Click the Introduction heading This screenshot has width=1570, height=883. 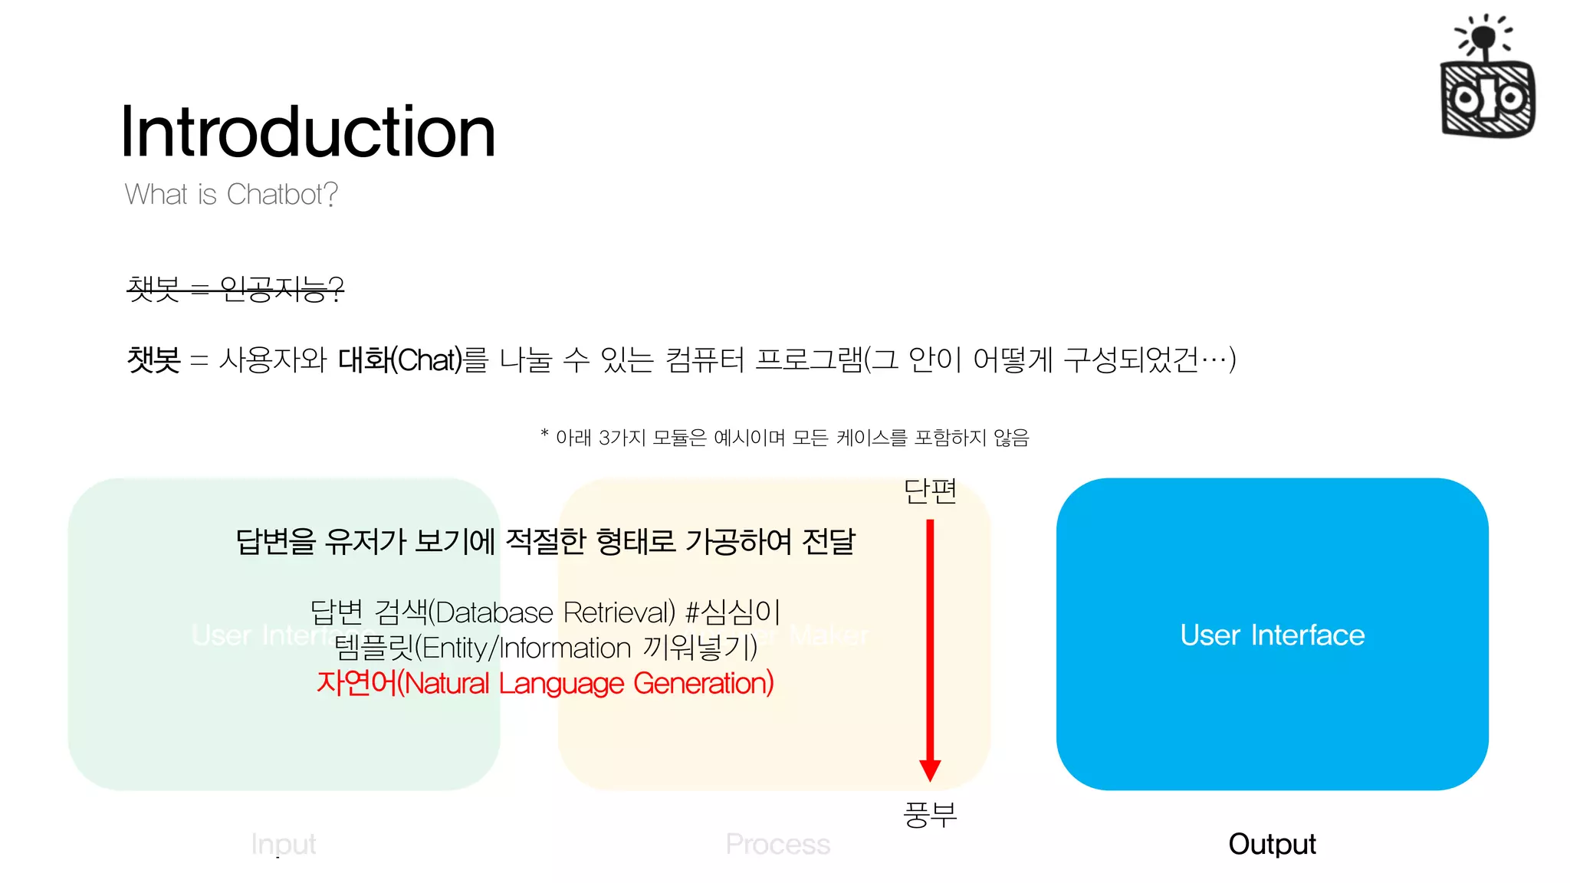coord(308,132)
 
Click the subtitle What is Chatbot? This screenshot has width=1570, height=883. coord(231,195)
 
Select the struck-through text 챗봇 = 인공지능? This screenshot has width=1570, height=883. coord(235,289)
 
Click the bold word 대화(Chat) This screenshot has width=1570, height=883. coord(400,359)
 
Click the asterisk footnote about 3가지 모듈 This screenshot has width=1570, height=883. coord(784,438)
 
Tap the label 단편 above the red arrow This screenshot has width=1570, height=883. coord(930,491)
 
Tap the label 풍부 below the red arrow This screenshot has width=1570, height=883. coord(930,814)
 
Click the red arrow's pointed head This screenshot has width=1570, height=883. coord(930,770)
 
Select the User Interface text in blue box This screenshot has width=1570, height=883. coord(1272,635)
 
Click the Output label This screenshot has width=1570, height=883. coord(1272,844)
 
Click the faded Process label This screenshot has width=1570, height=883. coord(777,844)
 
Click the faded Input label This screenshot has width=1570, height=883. coord(283,844)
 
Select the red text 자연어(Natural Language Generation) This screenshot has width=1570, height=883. coord(545,683)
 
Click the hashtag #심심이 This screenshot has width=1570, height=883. coord(732,612)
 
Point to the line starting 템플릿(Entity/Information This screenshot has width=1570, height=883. coord(545,648)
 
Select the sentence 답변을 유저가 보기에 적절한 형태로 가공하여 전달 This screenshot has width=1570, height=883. coord(545,542)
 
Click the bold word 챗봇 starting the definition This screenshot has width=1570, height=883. coord(153,359)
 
